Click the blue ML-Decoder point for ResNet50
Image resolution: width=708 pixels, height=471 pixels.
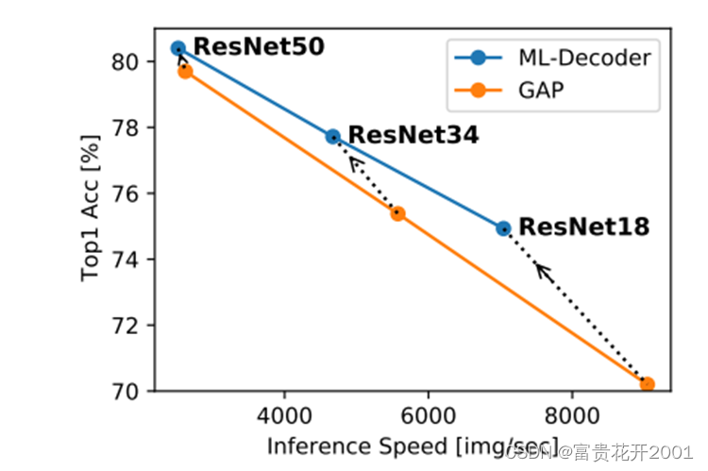tap(177, 48)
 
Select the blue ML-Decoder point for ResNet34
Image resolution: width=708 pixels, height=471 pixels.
tap(332, 136)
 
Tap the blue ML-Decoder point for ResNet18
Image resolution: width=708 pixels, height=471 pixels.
tap(503, 227)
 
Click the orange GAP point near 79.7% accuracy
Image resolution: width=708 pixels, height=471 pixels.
tap(185, 71)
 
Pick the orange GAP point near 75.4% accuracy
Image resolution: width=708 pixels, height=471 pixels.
tap(397, 213)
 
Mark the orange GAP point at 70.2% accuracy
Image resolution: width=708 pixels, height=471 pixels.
tap(647, 384)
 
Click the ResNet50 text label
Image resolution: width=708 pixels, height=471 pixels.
tap(258, 46)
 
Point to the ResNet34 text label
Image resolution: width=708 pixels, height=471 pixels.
tap(413, 135)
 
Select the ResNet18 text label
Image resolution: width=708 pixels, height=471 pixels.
tap(583, 227)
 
